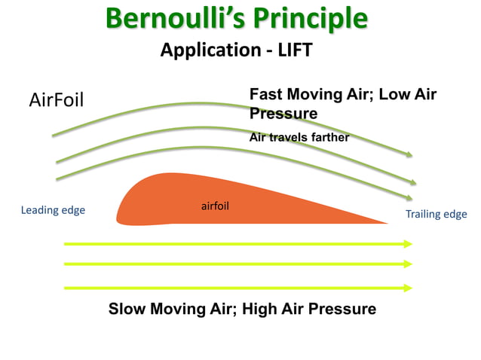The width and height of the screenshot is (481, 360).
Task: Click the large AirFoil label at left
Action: (x=56, y=99)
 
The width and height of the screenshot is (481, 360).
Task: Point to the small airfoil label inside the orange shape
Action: (x=215, y=206)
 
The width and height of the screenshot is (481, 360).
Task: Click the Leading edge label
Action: (x=53, y=210)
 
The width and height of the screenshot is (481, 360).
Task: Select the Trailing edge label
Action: (x=436, y=214)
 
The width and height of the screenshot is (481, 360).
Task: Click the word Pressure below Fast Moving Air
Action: (x=283, y=113)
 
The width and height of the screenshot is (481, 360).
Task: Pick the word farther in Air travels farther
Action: (x=330, y=137)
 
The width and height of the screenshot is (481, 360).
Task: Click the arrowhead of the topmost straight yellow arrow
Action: (x=409, y=244)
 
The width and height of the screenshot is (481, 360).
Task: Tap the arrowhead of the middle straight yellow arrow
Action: (x=409, y=264)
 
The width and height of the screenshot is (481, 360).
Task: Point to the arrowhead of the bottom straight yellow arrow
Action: (x=409, y=288)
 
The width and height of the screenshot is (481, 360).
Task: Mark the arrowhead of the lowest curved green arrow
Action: (x=412, y=198)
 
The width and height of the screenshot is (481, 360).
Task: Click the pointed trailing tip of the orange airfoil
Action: (x=387, y=222)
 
